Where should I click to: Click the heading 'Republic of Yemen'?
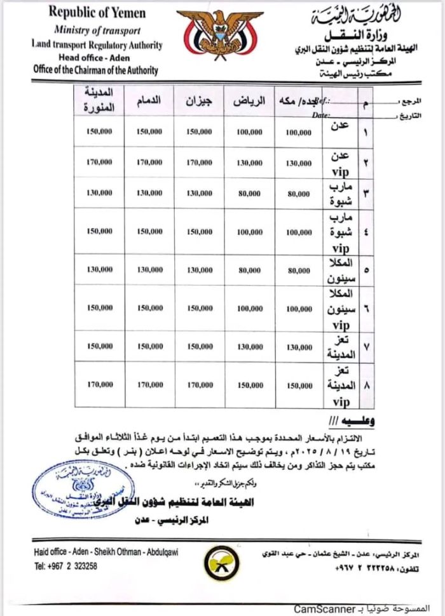pos(97,13)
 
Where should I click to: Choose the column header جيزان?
pos(200,101)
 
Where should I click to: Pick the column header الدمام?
pos(149,101)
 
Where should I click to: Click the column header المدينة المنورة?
pos(99,101)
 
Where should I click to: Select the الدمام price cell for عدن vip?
pos(149,163)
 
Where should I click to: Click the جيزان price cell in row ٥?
pos(200,270)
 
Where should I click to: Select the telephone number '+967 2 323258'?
pos(65,566)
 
